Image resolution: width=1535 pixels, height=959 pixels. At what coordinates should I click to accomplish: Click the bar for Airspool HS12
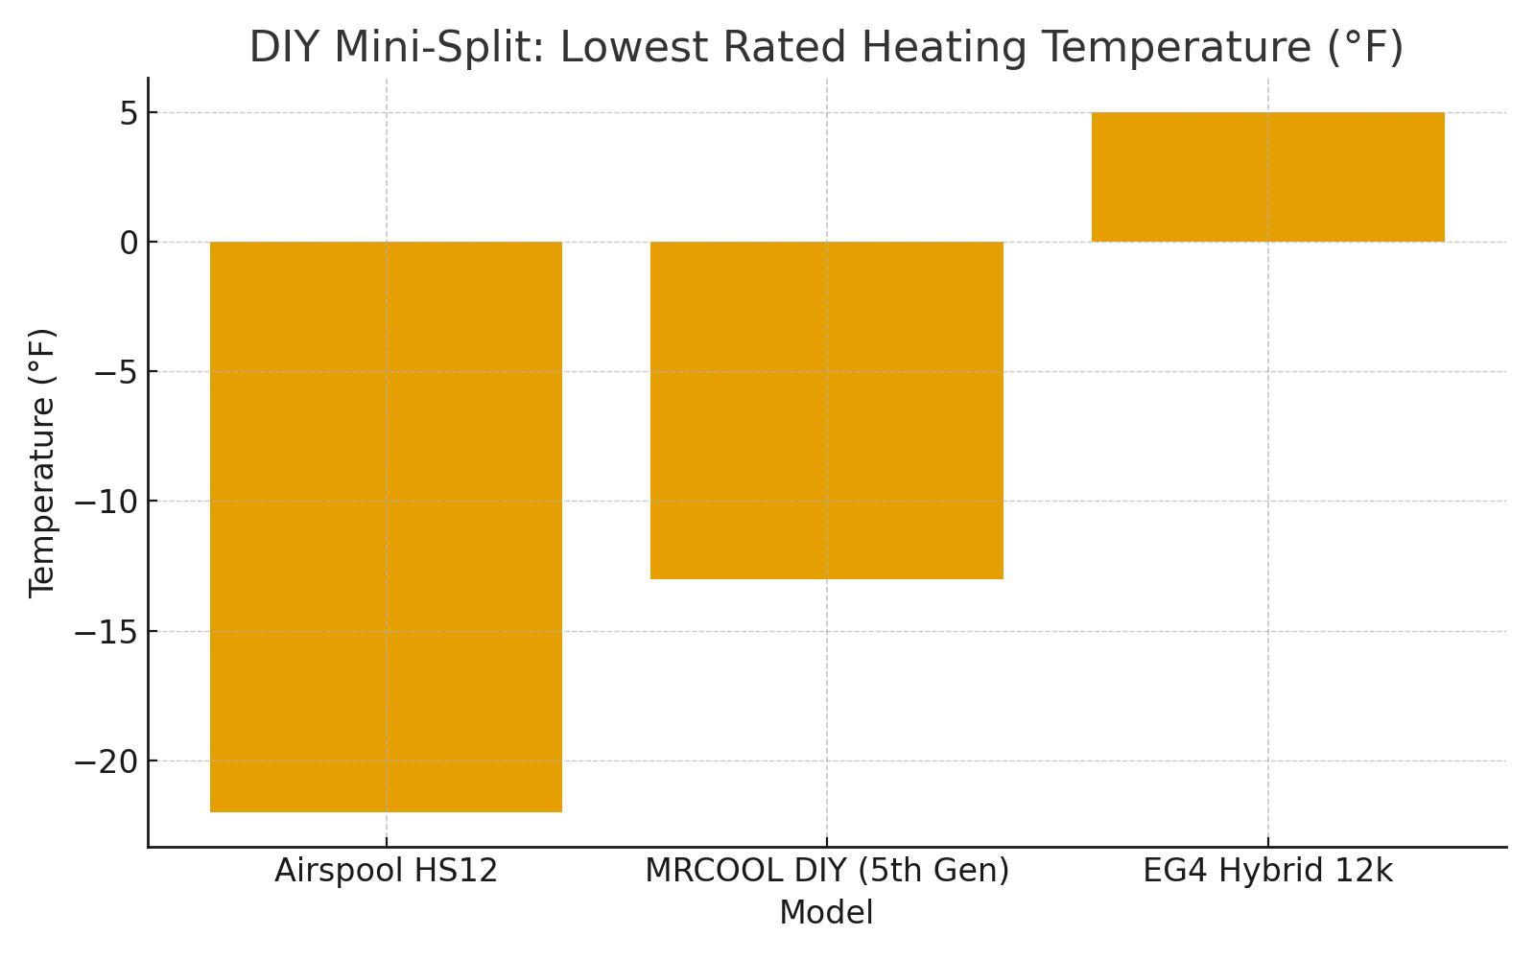click(x=386, y=526)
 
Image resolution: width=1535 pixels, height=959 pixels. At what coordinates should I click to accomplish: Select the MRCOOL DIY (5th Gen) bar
click(x=827, y=410)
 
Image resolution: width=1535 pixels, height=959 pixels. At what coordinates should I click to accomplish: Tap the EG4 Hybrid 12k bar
click(x=1267, y=177)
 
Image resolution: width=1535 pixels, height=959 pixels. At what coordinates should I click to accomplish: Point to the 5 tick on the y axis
click(x=130, y=113)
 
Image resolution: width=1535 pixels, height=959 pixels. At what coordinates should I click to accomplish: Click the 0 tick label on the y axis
click(x=130, y=243)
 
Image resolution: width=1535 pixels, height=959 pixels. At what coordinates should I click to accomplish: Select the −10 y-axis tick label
click(x=107, y=502)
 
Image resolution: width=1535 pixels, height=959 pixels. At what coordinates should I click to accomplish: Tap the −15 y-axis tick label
click(x=107, y=632)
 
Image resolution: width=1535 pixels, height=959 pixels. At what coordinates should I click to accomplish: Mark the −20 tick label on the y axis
click(x=107, y=761)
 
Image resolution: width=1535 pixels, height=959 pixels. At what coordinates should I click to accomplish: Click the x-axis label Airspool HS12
click(x=386, y=872)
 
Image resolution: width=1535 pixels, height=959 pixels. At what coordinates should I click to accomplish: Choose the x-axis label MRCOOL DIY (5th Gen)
click(x=827, y=872)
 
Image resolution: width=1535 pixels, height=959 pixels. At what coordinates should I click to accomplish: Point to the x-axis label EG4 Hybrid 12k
click(x=1267, y=872)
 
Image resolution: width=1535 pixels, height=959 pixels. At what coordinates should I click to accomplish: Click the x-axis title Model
click(x=827, y=913)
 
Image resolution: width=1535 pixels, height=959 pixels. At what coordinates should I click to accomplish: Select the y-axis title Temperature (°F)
click(x=42, y=462)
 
